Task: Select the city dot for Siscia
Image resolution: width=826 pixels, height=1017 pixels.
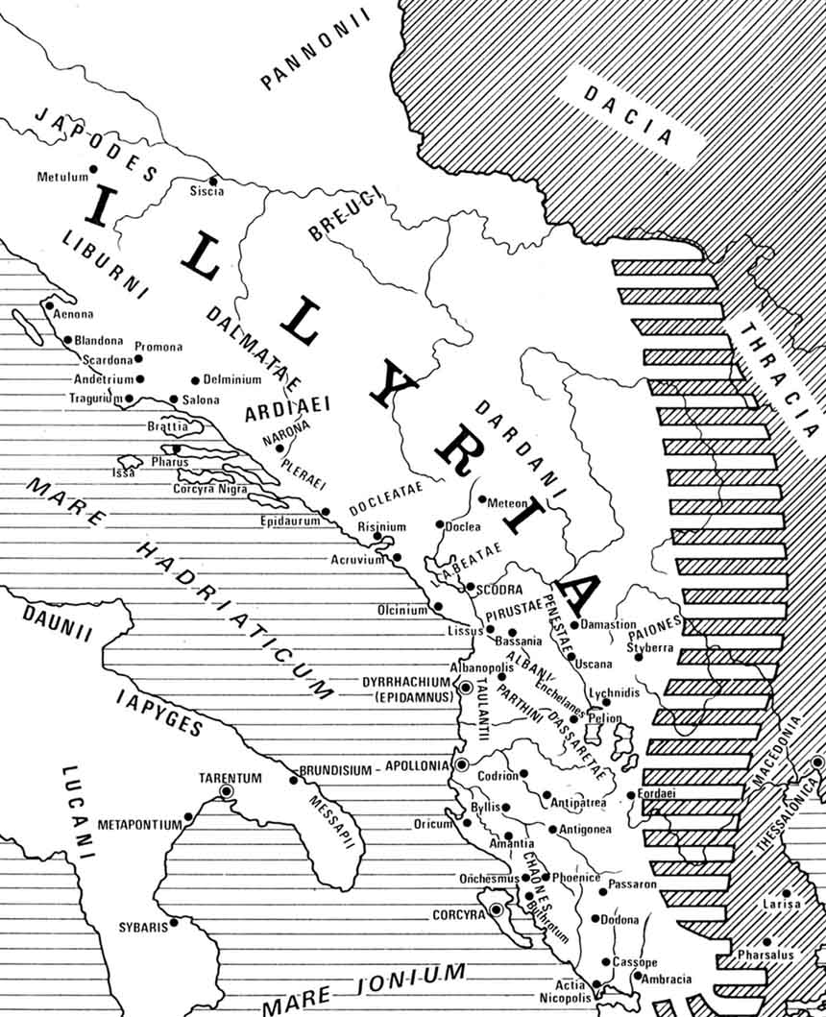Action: (x=213, y=180)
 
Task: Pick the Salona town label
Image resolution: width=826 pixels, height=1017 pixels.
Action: (x=201, y=400)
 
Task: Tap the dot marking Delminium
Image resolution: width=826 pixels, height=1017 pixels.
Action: (x=195, y=380)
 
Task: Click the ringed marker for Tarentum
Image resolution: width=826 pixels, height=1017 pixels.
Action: (x=228, y=791)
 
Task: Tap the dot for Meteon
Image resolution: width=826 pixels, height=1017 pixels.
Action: (x=481, y=500)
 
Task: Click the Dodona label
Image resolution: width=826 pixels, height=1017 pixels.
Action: (x=619, y=920)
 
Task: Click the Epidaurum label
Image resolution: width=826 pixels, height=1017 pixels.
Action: (x=288, y=521)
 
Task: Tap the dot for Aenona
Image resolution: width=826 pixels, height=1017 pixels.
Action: (x=48, y=305)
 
